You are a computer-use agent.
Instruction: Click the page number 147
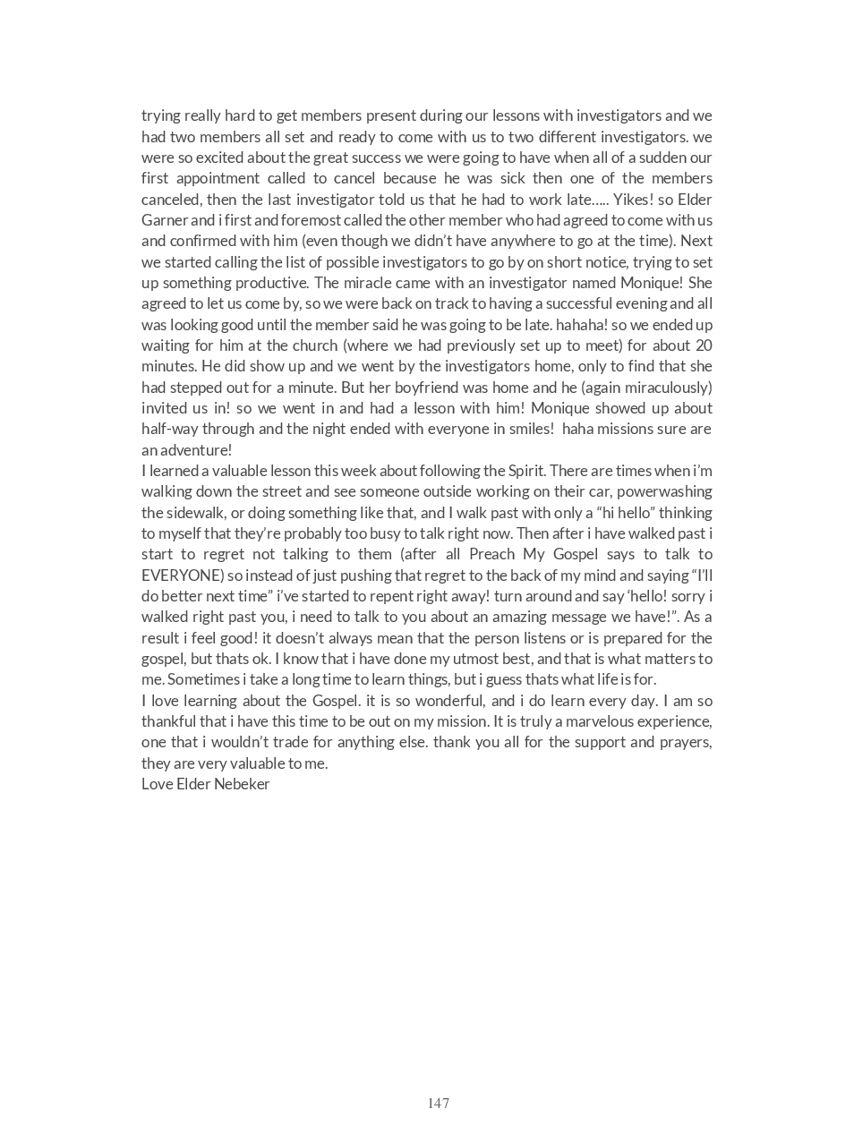pos(438,1103)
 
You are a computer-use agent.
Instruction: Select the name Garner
pos(164,220)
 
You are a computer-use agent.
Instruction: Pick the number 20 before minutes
pos(704,345)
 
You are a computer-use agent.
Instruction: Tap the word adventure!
pos(195,450)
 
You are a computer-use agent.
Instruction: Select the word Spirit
pos(526,471)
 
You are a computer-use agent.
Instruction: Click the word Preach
pos(491,554)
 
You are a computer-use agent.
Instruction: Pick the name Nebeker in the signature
pos(241,784)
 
